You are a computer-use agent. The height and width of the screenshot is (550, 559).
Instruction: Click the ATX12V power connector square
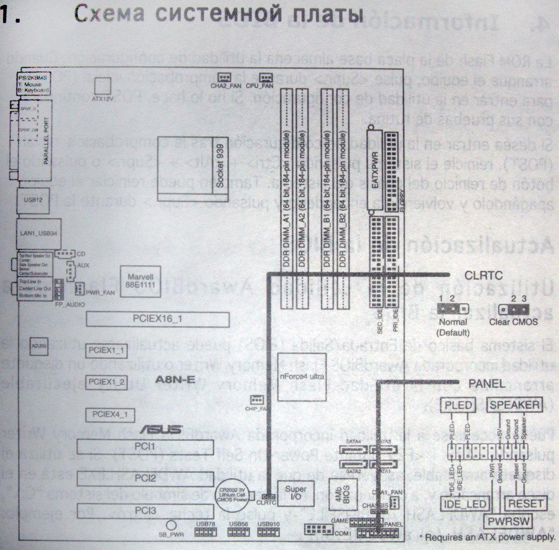(x=102, y=86)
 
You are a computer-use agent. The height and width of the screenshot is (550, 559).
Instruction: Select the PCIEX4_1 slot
(x=110, y=415)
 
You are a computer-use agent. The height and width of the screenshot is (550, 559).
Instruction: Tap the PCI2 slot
(x=144, y=477)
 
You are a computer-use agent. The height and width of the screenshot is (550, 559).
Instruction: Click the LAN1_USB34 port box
(x=33, y=233)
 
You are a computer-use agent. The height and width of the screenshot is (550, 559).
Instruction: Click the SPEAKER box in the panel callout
(x=514, y=404)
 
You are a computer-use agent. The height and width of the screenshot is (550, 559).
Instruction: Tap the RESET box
(x=526, y=503)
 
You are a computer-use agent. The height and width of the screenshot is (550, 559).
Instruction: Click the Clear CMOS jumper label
(x=514, y=323)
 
